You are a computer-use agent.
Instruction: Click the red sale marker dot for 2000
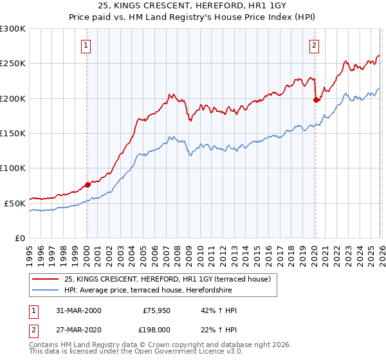88,184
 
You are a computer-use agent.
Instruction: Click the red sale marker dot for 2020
315,100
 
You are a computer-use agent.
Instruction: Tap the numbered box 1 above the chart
86,45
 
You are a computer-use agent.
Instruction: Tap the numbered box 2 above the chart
314,45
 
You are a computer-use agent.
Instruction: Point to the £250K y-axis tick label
13,64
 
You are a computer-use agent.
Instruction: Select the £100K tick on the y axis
13,168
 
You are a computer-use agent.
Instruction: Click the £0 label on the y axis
19,238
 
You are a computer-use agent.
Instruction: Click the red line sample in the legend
46,279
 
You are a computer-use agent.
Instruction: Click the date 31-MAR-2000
78,310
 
